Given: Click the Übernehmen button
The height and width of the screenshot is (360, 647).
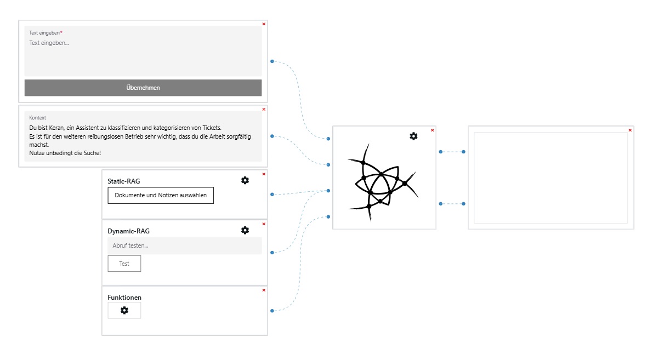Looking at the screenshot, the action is point(143,88).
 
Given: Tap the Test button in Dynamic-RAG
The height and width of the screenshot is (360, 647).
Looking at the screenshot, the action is point(124,264).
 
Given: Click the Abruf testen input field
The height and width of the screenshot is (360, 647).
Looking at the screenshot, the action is point(184,245).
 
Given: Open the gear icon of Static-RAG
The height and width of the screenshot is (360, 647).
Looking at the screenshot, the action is point(245,180).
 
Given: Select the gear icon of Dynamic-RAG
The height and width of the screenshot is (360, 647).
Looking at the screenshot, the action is point(245,230).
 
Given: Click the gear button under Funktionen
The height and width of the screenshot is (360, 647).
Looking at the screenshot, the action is point(124,310).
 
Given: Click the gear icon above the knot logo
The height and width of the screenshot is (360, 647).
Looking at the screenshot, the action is point(413,136).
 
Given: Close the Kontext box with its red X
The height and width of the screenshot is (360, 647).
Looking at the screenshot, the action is point(264,109).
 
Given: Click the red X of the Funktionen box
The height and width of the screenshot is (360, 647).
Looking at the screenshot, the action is point(264,290).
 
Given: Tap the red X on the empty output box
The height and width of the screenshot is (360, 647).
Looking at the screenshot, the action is point(630,130).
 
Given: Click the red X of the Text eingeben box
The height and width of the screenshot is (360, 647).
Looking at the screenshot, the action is point(264,24).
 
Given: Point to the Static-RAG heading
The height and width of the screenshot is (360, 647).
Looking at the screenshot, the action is point(124,181).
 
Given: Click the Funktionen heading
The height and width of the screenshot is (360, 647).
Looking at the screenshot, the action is point(124,298).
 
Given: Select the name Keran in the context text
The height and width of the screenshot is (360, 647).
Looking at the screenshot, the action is point(56,128).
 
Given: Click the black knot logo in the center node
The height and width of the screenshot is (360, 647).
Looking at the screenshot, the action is point(382,182).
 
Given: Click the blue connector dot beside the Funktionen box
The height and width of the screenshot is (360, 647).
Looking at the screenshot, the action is point(272,311).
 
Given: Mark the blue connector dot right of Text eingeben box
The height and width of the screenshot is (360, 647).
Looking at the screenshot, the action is point(272,61).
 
